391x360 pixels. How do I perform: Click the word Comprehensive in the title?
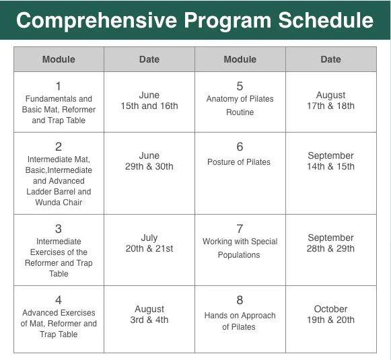pyautogui.click(x=97, y=21)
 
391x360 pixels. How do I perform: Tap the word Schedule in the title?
pyautogui.click(x=326, y=20)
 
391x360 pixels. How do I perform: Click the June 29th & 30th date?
pyautogui.click(x=149, y=161)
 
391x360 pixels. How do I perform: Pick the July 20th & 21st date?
pyautogui.click(x=149, y=243)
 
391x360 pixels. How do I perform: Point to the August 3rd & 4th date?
pyautogui.click(x=149, y=314)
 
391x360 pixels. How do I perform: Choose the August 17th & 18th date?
pyautogui.click(x=330, y=100)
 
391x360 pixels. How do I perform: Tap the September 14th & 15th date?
pyautogui.click(x=330, y=161)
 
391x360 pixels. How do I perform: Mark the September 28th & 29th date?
pyautogui.click(x=330, y=243)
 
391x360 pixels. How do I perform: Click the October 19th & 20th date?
pyautogui.click(x=330, y=314)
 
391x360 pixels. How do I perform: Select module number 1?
pyautogui.click(x=59, y=86)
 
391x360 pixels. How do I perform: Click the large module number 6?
pyautogui.click(x=240, y=147)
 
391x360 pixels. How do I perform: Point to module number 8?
pyautogui.click(x=240, y=300)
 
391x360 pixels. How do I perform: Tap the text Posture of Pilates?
pyautogui.click(x=239, y=162)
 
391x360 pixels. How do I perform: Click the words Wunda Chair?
pyautogui.click(x=59, y=202)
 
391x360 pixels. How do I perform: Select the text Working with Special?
pyautogui.click(x=240, y=242)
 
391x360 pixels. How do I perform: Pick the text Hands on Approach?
pyautogui.click(x=240, y=316)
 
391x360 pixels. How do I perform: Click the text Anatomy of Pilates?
pyautogui.click(x=240, y=99)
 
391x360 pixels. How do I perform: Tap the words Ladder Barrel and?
pyautogui.click(x=59, y=192)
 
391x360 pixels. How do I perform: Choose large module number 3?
pyautogui.click(x=59, y=229)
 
